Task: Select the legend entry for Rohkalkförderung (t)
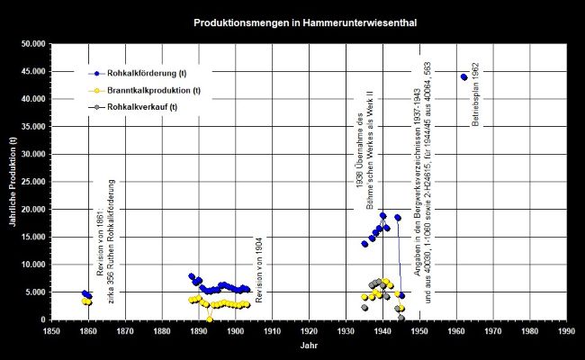[148, 73]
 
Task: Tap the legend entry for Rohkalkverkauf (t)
[144, 108]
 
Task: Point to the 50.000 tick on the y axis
[33, 44]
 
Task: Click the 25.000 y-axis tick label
[33, 182]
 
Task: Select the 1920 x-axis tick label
[309, 330]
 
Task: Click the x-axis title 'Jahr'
[308, 346]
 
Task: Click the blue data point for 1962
[463, 76]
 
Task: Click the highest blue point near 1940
[382, 216]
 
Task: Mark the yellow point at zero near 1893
[210, 319]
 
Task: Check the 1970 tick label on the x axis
[492, 330]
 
